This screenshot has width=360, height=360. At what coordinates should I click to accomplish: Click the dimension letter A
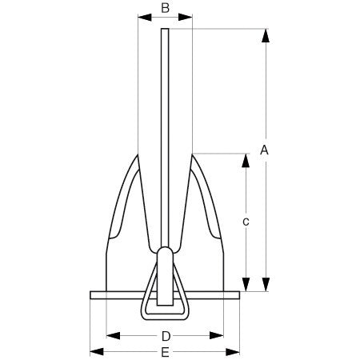tap(265, 150)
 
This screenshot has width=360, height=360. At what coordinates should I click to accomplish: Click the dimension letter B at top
tap(165, 8)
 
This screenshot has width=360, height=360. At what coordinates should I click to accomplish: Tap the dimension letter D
tap(166, 334)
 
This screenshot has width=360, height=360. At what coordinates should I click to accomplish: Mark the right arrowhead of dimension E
tap(237, 351)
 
